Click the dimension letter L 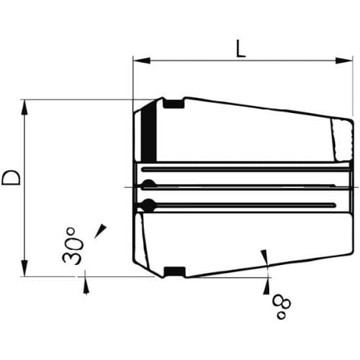point(240,48)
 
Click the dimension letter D point(11,178)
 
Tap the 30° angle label point(72,246)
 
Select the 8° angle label point(282,307)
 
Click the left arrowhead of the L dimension point(142,60)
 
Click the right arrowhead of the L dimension point(344,60)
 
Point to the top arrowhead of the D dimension point(24,108)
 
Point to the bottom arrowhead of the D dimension point(24,268)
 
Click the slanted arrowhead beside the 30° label point(101,231)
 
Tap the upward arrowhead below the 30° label point(86,285)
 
